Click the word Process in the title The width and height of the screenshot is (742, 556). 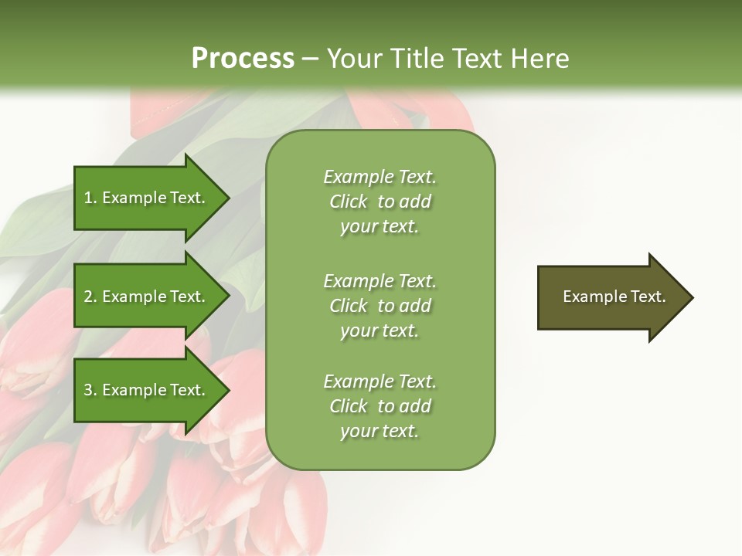[x=243, y=59]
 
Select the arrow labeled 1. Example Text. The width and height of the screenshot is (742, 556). [x=145, y=198]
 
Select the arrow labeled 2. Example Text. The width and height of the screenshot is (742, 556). [x=145, y=297]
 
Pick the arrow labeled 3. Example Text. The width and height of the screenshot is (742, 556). [x=145, y=390]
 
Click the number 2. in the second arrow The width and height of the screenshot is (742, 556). [x=90, y=297]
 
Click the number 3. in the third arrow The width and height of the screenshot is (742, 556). [x=90, y=390]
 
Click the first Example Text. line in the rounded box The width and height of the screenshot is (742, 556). [x=380, y=177]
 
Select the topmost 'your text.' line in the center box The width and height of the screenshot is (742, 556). [x=380, y=226]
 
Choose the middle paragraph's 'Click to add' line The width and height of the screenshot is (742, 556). [x=380, y=306]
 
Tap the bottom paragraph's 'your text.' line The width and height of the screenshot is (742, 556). [x=380, y=431]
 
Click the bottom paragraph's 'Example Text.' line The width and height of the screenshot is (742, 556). [x=380, y=381]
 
